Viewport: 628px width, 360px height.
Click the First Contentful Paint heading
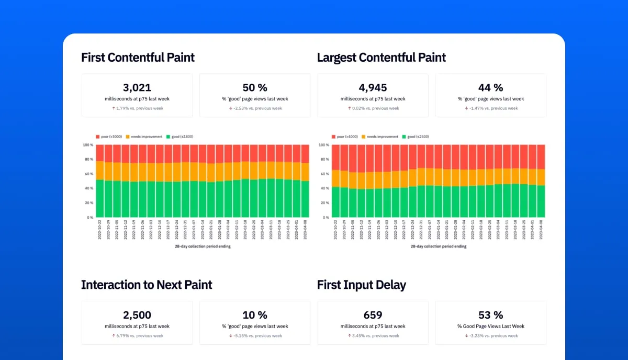click(x=138, y=58)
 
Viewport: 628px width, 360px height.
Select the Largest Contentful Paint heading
click(x=382, y=58)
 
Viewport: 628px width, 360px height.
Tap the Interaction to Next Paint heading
click(x=147, y=285)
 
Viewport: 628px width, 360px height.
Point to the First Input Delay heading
click(x=362, y=285)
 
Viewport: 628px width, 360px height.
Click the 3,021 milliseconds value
click(x=137, y=87)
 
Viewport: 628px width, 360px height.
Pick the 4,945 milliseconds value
click(x=373, y=87)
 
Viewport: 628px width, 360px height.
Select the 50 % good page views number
click(x=255, y=87)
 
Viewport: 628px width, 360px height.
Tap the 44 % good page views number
click(x=490, y=87)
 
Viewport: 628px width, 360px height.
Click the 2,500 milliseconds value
click(x=137, y=315)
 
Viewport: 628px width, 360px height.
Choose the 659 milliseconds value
click(x=373, y=315)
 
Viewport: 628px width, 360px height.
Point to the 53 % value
click(x=490, y=315)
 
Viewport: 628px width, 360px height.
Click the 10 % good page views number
click(x=255, y=315)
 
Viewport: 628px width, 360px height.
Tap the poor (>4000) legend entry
click(x=345, y=137)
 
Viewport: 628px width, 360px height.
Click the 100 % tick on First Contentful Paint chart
click(x=88, y=145)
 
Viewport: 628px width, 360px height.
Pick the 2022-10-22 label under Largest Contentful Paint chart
click(x=335, y=229)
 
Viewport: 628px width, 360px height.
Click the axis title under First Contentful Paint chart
click(x=203, y=246)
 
